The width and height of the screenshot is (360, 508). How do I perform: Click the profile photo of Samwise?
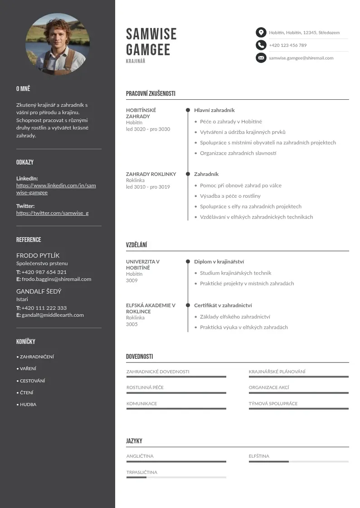click(58, 44)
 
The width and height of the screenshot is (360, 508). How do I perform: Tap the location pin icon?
click(261, 33)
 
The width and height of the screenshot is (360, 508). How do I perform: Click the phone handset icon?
click(261, 45)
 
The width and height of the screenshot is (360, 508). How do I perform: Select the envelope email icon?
click(261, 58)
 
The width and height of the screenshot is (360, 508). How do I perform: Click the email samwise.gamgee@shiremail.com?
click(301, 58)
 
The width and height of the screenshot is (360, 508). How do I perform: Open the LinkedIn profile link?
click(56, 189)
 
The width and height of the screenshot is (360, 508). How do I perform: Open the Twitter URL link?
click(52, 213)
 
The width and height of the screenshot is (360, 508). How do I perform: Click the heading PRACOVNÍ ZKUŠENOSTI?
click(151, 94)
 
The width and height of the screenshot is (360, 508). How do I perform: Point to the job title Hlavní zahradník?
click(214, 110)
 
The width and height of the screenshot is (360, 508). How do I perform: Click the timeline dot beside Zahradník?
click(188, 174)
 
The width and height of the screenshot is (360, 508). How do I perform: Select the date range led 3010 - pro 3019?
click(148, 187)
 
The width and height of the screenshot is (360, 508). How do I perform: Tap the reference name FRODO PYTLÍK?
click(38, 255)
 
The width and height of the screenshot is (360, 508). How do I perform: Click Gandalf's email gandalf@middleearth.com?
click(53, 315)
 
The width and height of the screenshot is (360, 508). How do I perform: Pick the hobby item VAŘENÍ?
click(28, 369)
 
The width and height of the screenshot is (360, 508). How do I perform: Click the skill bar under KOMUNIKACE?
click(176, 409)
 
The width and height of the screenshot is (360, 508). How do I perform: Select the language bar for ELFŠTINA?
click(298, 461)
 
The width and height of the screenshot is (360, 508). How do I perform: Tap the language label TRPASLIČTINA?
click(141, 472)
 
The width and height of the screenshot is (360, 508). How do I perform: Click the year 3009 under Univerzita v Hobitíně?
click(131, 280)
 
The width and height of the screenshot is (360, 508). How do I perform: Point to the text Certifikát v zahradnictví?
click(223, 305)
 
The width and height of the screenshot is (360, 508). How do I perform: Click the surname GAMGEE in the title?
click(148, 49)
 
